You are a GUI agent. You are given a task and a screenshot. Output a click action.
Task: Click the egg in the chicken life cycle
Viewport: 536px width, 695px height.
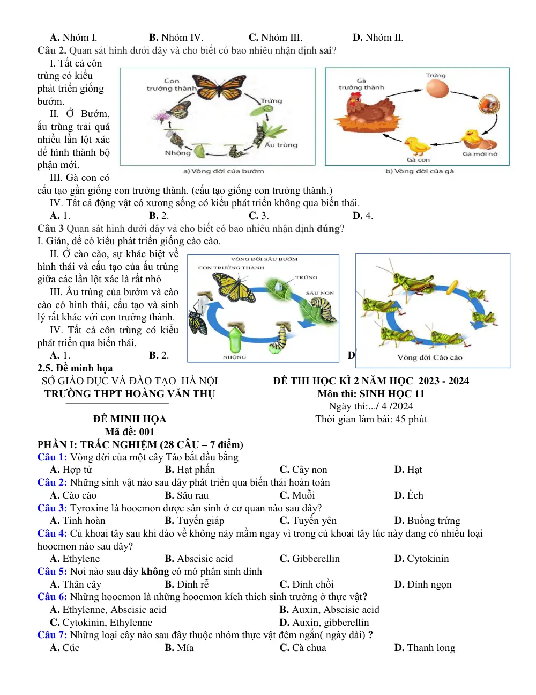click(436, 89)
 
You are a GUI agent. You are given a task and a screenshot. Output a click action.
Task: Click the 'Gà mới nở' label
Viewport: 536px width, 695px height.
click(480, 154)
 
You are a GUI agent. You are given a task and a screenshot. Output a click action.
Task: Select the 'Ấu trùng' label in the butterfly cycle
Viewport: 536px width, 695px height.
click(281, 145)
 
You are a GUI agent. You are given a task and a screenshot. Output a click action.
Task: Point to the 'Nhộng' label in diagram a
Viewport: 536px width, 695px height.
click(177, 153)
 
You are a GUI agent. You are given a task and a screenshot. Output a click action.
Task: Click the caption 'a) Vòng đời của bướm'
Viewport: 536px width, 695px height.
click(224, 171)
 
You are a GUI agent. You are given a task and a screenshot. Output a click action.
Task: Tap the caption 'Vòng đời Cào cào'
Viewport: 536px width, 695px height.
click(430, 357)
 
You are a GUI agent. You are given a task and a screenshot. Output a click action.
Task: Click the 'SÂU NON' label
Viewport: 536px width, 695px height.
click(319, 293)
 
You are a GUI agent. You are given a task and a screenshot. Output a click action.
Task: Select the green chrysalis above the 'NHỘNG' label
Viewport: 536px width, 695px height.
click(237, 339)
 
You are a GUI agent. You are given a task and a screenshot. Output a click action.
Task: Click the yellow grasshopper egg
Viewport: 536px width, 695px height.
click(452, 287)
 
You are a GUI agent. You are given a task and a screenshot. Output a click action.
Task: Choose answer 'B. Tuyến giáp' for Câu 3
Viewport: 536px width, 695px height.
click(194, 521)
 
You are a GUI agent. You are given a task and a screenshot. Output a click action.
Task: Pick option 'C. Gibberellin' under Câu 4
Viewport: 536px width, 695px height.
click(309, 559)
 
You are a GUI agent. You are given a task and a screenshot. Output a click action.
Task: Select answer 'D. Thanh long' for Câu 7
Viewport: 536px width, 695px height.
click(425, 648)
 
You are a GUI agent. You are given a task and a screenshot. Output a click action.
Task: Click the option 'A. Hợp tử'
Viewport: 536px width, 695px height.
click(71, 470)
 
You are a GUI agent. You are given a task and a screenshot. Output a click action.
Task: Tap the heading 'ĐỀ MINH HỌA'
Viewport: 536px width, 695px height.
click(130, 419)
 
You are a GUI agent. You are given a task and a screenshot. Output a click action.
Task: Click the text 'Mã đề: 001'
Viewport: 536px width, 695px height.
click(129, 432)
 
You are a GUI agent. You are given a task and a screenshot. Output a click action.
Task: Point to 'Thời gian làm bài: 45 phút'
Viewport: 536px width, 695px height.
click(371, 419)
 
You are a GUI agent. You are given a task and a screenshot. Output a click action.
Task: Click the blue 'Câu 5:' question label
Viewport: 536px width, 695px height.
click(52, 571)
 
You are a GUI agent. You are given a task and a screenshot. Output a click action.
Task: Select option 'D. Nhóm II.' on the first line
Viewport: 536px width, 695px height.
click(377, 38)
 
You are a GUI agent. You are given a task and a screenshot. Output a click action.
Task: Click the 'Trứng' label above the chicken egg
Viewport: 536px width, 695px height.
click(435, 75)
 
